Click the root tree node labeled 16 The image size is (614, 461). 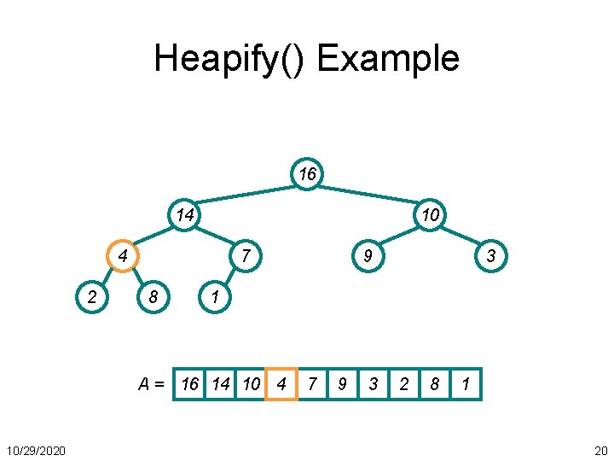pyautogui.click(x=307, y=174)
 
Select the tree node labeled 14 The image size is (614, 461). pyautogui.click(x=184, y=215)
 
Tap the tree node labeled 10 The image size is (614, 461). pyautogui.click(x=431, y=215)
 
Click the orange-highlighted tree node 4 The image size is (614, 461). pyautogui.click(x=124, y=256)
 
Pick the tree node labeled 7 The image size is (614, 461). pyautogui.click(x=246, y=256)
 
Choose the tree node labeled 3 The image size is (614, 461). pyautogui.click(x=491, y=256)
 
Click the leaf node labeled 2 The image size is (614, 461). pyautogui.click(x=92, y=297)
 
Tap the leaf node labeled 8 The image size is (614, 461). pyautogui.click(x=153, y=297)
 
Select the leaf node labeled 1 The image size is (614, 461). pyautogui.click(x=215, y=297)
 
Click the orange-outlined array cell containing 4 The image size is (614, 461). pyautogui.click(x=281, y=384)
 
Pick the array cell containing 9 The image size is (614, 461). pyautogui.click(x=342, y=384)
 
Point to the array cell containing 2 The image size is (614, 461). pyautogui.click(x=404, y=384)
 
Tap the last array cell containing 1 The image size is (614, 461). pyautogui.click(x=466, y=384)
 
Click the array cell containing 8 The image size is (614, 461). pyautogui.click(x=435, y=384)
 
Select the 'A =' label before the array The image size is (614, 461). pyautogui.click(x=152, y=384)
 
